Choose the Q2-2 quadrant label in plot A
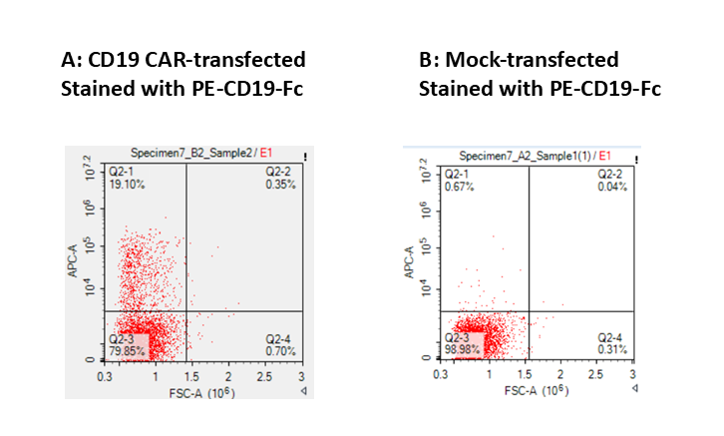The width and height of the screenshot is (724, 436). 278,173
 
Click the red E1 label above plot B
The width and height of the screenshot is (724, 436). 604,156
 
